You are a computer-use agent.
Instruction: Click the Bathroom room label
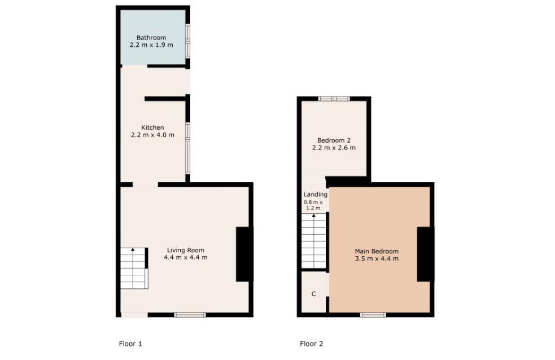[151, 37]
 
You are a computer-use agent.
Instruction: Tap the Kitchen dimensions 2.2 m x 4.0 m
[152, 135]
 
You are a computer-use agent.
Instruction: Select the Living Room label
[186, 250]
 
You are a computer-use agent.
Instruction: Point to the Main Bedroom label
[377, 251]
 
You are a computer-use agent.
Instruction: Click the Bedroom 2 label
[334, 141]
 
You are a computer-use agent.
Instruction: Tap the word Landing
[316, 195]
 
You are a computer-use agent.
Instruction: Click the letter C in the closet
[313, 294]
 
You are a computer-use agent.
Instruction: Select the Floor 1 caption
[130, 344]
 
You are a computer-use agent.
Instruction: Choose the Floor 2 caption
[312, 344]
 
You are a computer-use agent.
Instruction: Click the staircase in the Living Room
[134, 268]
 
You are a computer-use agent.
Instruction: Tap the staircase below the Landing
[313, 240]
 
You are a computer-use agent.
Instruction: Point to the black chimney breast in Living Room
[244, 254]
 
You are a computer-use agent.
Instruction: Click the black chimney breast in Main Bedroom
[426, 254]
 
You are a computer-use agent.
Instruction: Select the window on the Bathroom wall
[188, 41]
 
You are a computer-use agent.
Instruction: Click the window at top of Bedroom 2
[334, 99]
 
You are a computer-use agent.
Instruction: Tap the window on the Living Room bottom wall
[190, 315]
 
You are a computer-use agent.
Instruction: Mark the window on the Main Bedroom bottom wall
[373, 315]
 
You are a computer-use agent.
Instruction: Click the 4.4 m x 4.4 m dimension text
[186, 257]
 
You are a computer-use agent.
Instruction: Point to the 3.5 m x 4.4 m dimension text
[377, 258]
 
